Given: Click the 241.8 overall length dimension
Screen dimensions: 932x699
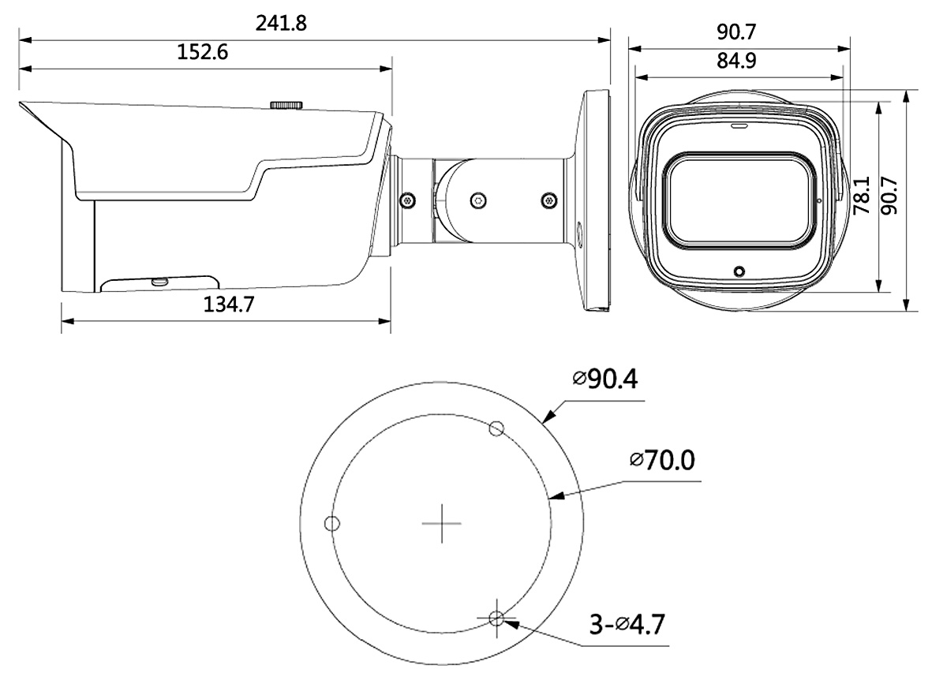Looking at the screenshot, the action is tap(281, 23).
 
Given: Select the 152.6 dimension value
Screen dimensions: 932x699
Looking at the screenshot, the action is tap(203, 52).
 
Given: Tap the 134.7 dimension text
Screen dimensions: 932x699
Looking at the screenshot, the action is tap(229, 305).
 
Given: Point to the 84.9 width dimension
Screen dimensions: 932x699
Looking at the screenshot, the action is tap(736, 60).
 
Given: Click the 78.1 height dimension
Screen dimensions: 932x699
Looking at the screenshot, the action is tap(861, 196).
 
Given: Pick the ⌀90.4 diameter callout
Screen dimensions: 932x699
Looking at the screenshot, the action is tap(605, 379).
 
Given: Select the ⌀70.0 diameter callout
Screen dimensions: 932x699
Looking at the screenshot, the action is tap(662, 460).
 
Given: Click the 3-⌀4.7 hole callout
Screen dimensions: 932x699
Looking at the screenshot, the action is tap(627, 625).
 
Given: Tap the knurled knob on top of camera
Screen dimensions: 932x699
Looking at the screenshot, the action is tap(286, 105).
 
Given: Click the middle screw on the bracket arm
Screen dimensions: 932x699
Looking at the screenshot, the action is tap(478, 200).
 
